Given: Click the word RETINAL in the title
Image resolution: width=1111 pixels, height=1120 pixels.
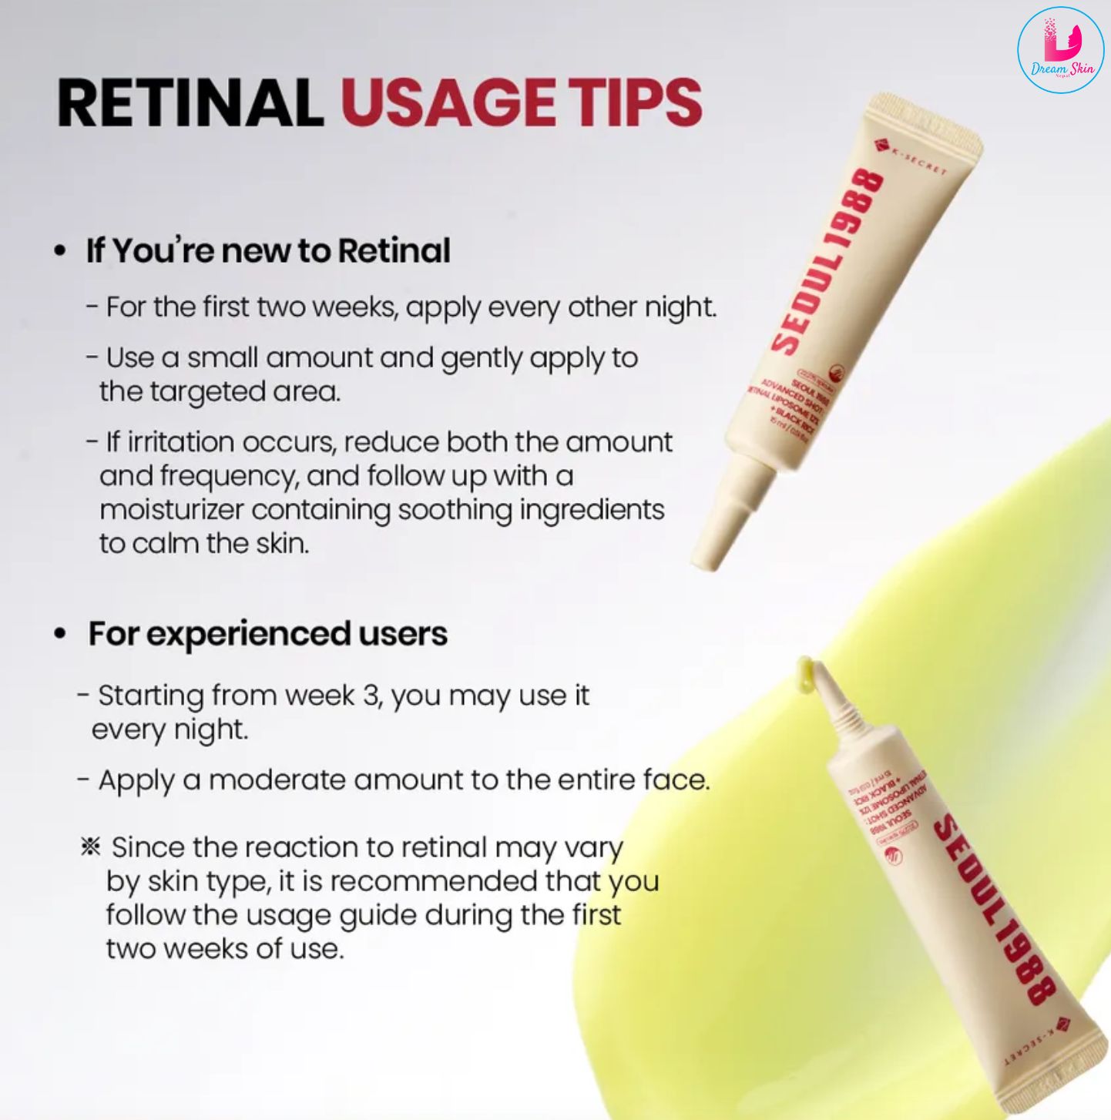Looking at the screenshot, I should coord(190,102).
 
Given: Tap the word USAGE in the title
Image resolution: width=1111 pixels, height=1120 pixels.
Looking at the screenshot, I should coord(447,102).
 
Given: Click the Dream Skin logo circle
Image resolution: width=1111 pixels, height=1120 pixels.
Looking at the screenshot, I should coord(1060,50).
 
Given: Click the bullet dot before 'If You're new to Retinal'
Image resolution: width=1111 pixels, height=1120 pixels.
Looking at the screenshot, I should coord(60,252).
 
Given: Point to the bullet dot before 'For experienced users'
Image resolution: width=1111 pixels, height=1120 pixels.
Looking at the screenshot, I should coord(60,634).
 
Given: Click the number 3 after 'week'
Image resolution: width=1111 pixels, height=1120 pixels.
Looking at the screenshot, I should coord(371,696).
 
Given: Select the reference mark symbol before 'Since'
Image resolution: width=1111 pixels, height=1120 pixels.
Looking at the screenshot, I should coord(90,847).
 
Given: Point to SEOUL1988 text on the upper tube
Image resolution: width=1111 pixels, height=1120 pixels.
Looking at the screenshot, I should coord(828,262).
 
